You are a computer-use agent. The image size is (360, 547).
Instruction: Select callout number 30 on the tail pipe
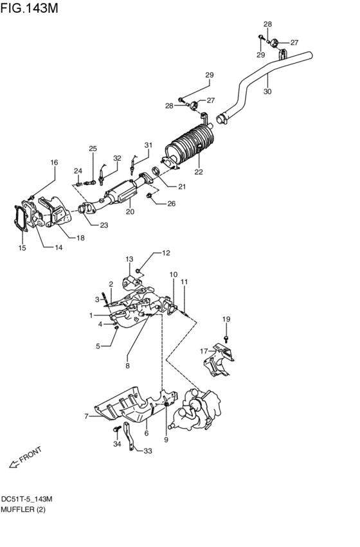pyautogui.click(x=267, y=92)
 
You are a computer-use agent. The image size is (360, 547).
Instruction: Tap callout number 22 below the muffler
pyautogui.click(x=199, y=172)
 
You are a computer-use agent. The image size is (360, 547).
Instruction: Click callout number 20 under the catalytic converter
pyautogui.click(x=130, y=211)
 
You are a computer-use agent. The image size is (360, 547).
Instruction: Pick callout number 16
pyautogui.click(x=54, y=163)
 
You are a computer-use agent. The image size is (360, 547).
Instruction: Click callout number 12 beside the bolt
pyautogui.click(x=166, y=253)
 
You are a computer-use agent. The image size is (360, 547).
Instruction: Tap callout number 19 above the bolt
pyautogui.click(x=226, y=319)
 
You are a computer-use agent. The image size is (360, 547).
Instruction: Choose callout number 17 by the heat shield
pyautogui.click(x=203, y=351)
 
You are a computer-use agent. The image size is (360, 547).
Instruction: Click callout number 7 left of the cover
pyautogui.click(x=85, y=417)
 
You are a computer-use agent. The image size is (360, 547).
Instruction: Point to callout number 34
pyautogui.click(x=116, y=444)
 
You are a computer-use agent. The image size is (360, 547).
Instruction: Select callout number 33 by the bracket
pyautogui.click(x=148, y=451)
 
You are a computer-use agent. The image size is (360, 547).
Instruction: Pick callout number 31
pyautogui.click(x=148, y=145)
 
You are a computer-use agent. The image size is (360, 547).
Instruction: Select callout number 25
pyautogui.click(x=93, y=149)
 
